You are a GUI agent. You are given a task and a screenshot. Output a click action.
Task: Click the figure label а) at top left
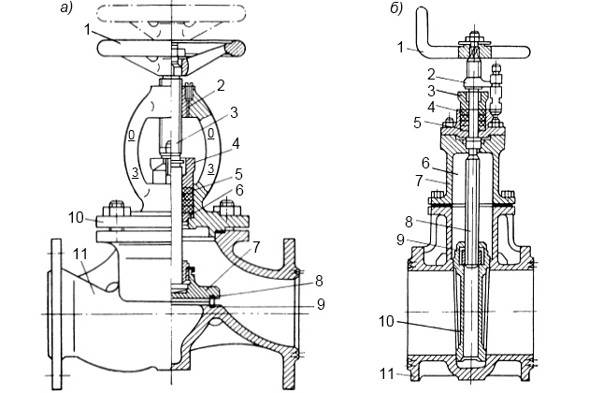pyautogui.click(x=66, y=7)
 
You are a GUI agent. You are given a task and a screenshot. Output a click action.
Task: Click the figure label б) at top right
pyautogui.click(x=396, y=7)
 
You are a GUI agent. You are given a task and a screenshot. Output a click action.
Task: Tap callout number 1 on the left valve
pyautogui.click(x=87, y=29)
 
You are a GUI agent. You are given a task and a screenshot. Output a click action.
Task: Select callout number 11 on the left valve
pyautogui.click(x=80, y=255)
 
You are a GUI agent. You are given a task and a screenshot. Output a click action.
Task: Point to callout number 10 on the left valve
pyautogui.click(x=77, y=217)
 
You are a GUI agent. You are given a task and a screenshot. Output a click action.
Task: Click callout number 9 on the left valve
pyautogui.click(x=321, y=304)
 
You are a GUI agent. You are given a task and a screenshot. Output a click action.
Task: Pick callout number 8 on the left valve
pyautogui.click(x=319, y=281)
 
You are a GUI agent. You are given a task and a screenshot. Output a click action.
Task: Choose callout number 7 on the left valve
pyautogui.click(x=255, y=247)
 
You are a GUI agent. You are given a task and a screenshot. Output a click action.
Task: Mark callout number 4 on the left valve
pyautogui.click(x=236, y=143)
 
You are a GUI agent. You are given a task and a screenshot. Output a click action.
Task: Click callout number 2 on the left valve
pyautogui.click(x=221, y=85)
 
